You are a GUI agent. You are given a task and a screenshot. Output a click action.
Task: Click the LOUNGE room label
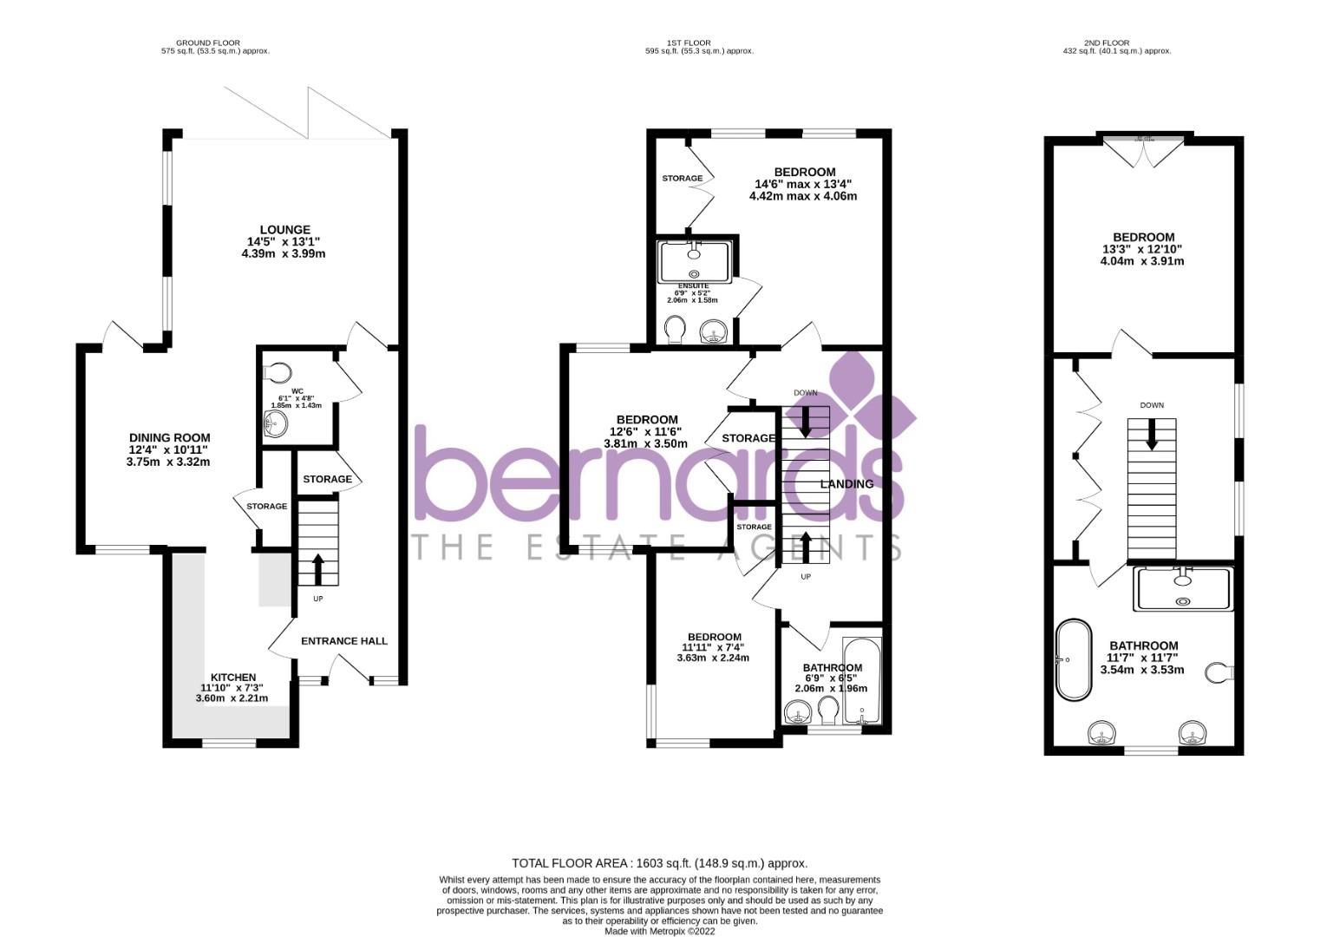[284, 230]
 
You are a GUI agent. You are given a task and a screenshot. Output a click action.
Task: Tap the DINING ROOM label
[169, 438]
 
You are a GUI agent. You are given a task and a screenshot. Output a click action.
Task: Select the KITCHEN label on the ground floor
[232, 677]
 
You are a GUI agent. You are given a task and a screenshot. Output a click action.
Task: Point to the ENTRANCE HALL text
[343, 641]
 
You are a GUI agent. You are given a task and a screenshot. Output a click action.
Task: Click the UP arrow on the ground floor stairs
[317, 569]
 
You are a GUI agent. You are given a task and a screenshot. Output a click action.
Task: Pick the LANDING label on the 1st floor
[846, 483]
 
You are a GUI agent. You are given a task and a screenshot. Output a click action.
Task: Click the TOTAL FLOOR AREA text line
[659, 863]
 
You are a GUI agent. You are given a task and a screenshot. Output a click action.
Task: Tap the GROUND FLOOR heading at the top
[208, 43]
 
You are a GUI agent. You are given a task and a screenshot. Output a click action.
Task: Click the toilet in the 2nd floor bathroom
[1220, 672]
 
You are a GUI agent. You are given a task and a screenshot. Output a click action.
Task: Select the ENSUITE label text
[693, 285]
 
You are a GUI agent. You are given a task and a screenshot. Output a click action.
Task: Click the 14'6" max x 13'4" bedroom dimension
[805, 184]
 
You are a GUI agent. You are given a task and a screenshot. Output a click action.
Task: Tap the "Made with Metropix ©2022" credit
[659, 931]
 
